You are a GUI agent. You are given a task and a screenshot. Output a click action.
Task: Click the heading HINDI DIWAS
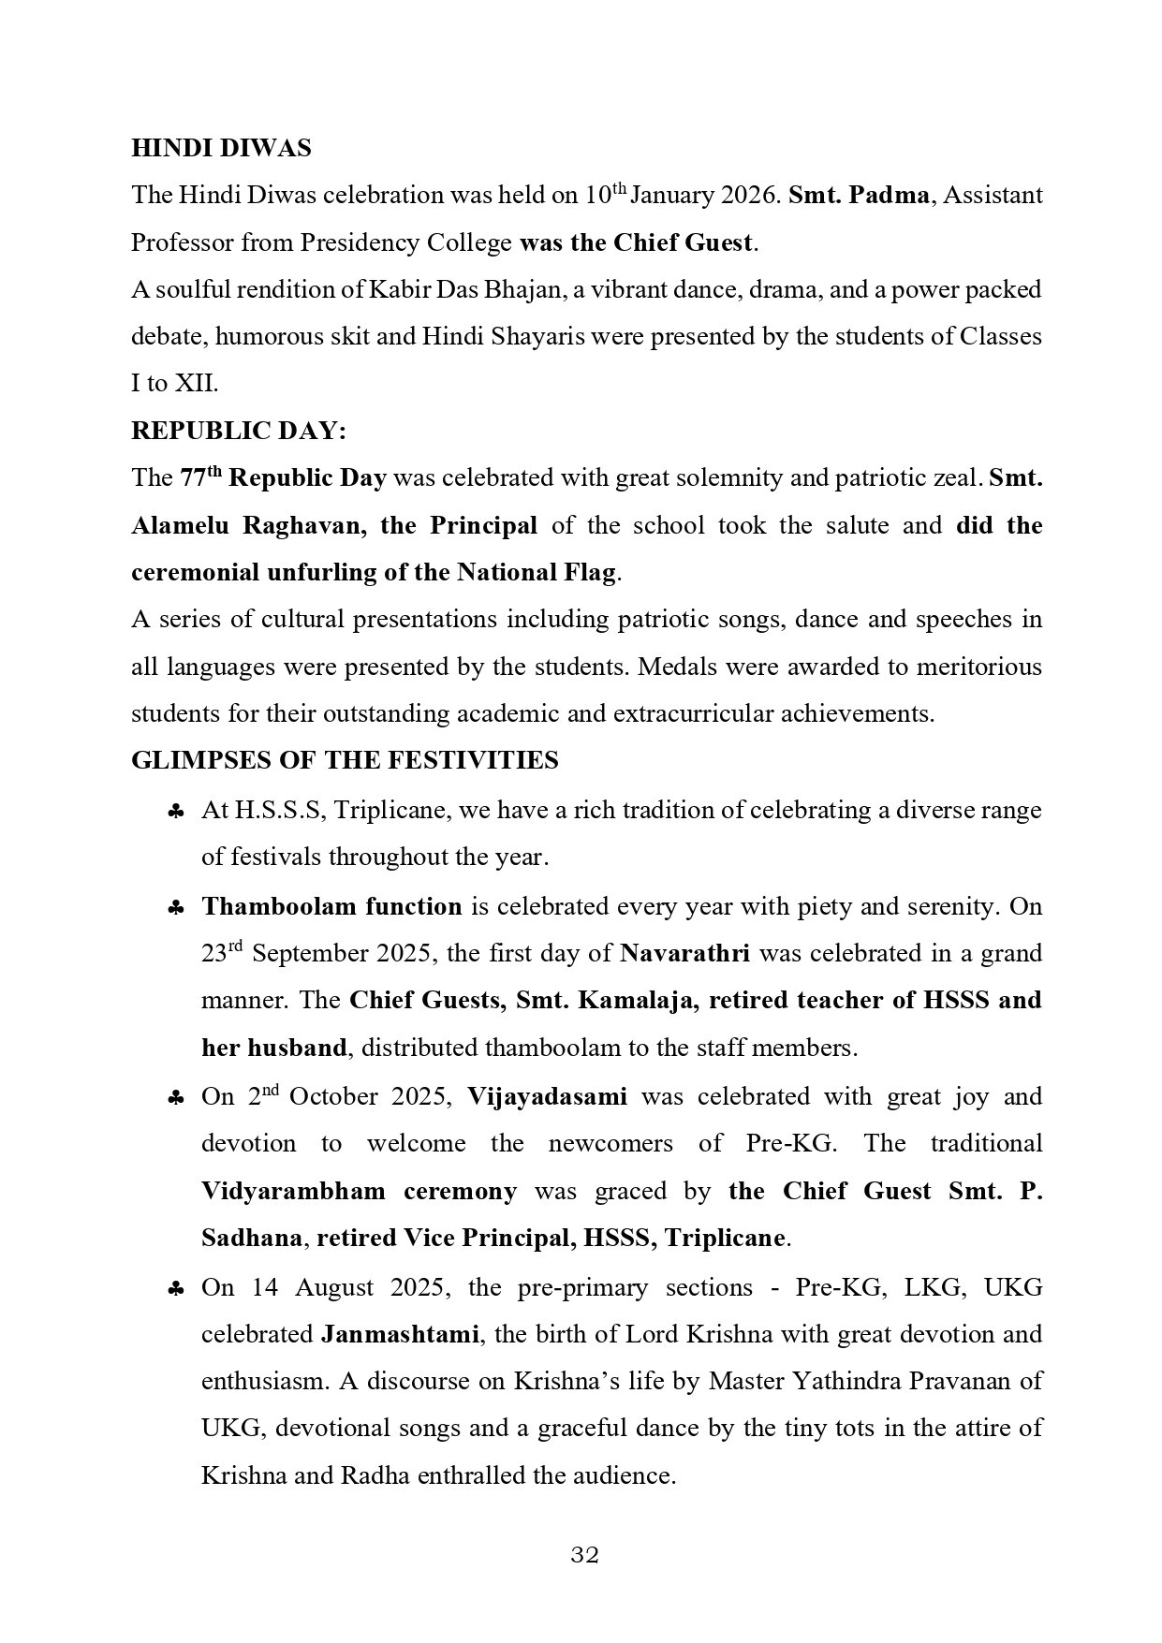click(221, 148)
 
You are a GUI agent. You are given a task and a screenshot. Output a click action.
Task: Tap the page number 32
click(584, 1555)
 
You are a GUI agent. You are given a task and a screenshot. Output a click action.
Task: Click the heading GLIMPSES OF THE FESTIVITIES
click(345, 760)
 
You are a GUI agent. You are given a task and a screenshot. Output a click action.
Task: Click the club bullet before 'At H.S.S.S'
click(175, 813)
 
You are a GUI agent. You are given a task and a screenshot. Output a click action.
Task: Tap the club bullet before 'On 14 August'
click(175, 1290)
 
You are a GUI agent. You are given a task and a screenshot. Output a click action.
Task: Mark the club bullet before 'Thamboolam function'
click(175, 909)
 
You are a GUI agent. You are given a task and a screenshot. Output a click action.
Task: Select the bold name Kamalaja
click(637, 1000)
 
